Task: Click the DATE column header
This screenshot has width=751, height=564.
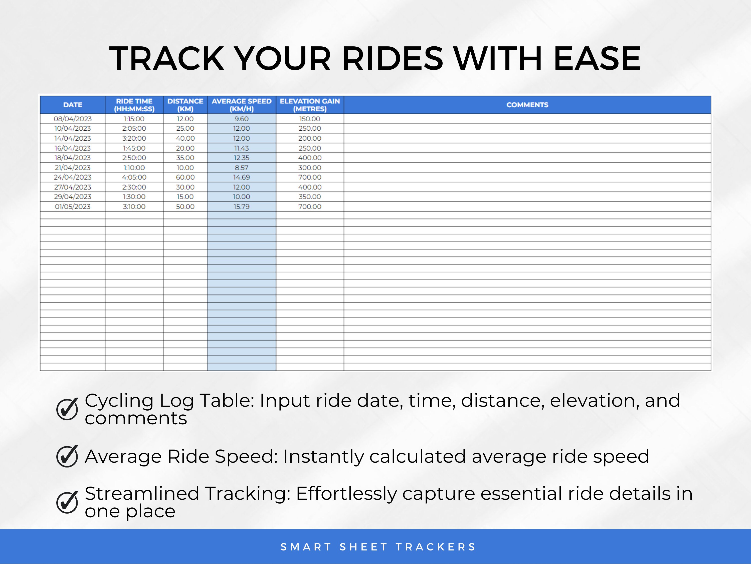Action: (x=73, y=105)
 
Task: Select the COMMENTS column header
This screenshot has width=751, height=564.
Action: (x=527, y=105)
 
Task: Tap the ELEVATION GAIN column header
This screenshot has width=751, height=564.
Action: (x=310, y=105)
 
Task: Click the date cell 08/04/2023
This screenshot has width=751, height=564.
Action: (x=73, y=119)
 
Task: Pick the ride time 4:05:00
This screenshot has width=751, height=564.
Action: (x=134, y=177)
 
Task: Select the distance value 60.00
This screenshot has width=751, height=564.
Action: (x=185, y=177)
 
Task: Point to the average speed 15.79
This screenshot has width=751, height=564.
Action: (x=241, y=206)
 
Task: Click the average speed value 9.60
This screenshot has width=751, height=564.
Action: (x=241, y=119)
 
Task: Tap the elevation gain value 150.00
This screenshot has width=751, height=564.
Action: (x=310, y=119)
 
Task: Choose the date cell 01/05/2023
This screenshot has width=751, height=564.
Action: (x=73, y=206)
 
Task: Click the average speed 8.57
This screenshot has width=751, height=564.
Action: (x=241, y=168)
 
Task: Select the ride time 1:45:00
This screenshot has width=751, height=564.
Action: (x=134, y=148)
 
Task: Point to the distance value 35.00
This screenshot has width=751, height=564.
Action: (x=185, y=158)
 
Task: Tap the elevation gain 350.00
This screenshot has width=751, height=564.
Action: (x=310, y=197)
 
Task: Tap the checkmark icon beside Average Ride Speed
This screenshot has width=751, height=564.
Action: (x=67, y=456)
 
